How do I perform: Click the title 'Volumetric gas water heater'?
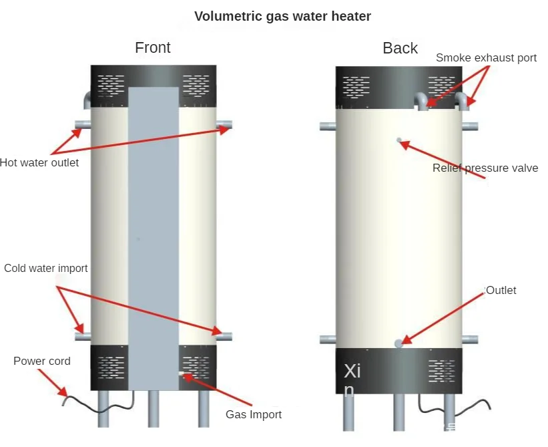pos(282,16)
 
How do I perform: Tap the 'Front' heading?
pos(152,48)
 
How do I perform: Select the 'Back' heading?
pos(400,48)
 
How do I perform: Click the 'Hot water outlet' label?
pos(39,162)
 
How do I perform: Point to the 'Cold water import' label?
pos(46,268)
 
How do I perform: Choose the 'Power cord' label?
pos(42,361)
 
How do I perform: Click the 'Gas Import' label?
pos(254,415)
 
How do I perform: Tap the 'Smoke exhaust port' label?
pos(486,58)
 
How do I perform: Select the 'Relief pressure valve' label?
pos(485,168)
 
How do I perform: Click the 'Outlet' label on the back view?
pos(501,291)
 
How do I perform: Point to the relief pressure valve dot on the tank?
pos(399,140)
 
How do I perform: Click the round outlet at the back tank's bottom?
pos(399,343)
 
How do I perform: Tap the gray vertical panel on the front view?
pos(153,234)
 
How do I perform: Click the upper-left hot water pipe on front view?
pos(83,125)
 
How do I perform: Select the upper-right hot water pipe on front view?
pos(224,124)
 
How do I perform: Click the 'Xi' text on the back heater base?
pos(352,371)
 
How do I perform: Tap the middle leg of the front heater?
pos(153,409)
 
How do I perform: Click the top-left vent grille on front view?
pos(111,85)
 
